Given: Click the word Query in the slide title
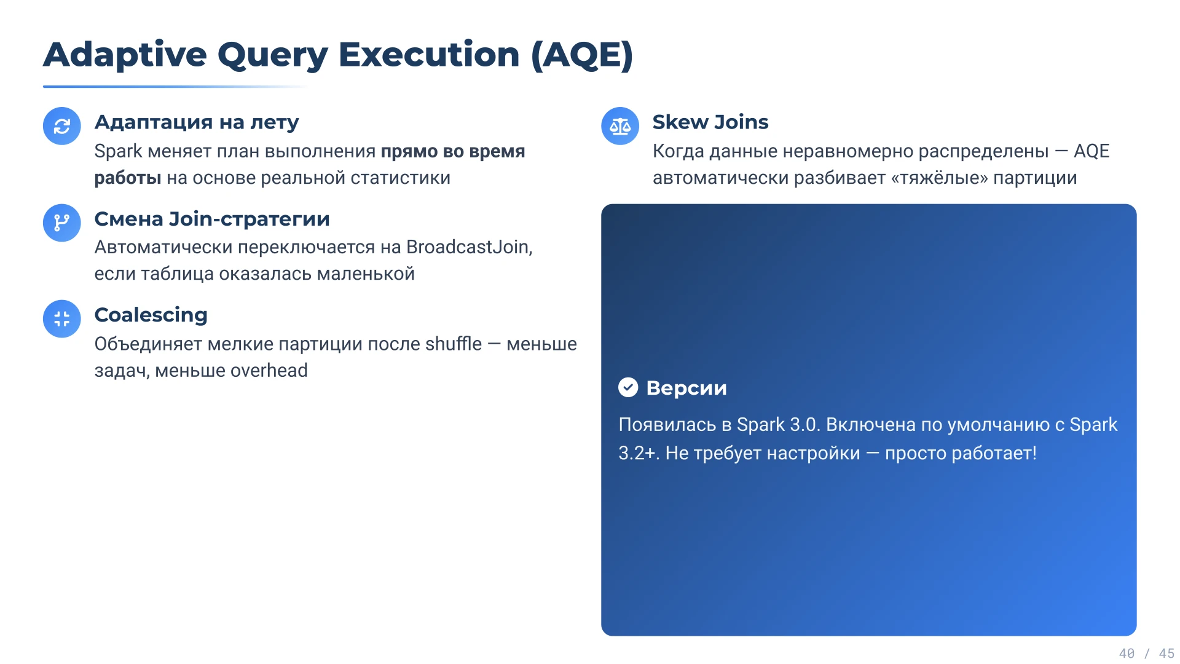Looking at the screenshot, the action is pos(273,55).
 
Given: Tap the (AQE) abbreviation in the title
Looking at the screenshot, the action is pos(581,55).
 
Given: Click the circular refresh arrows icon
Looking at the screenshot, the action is pos(62,126).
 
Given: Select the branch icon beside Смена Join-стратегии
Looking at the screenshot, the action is pos(62,223).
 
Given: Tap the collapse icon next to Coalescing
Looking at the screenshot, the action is pos(62,318).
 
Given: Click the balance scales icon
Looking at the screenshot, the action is pos(620,126).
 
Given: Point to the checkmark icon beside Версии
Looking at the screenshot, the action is pos(628,387).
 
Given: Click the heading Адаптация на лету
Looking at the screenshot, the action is pos(197,122).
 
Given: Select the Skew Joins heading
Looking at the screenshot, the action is pos(710,122).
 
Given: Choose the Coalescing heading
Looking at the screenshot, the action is pos(151,315).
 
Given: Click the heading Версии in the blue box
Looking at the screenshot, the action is pos(686,388).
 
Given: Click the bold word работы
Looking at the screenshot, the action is pos(128,178).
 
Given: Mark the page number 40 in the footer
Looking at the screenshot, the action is pos(1127,654).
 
